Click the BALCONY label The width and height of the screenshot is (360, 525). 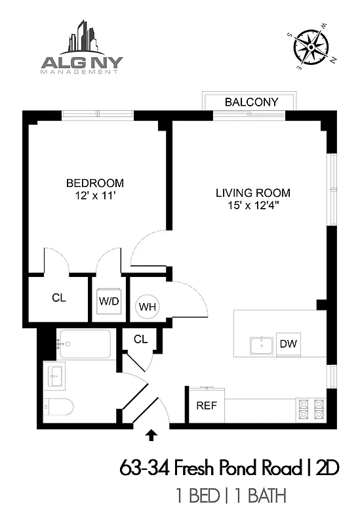251,102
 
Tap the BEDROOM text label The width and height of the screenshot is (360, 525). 94,182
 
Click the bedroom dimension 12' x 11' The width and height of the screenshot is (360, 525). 94,195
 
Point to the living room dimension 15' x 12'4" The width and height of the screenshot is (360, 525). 253,205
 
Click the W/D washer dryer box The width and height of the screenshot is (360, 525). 108,302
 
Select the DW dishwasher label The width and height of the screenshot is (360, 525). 287,343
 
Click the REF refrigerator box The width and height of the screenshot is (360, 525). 207,405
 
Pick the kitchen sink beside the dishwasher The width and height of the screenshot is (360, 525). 261,345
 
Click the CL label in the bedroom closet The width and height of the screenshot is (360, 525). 59,297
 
